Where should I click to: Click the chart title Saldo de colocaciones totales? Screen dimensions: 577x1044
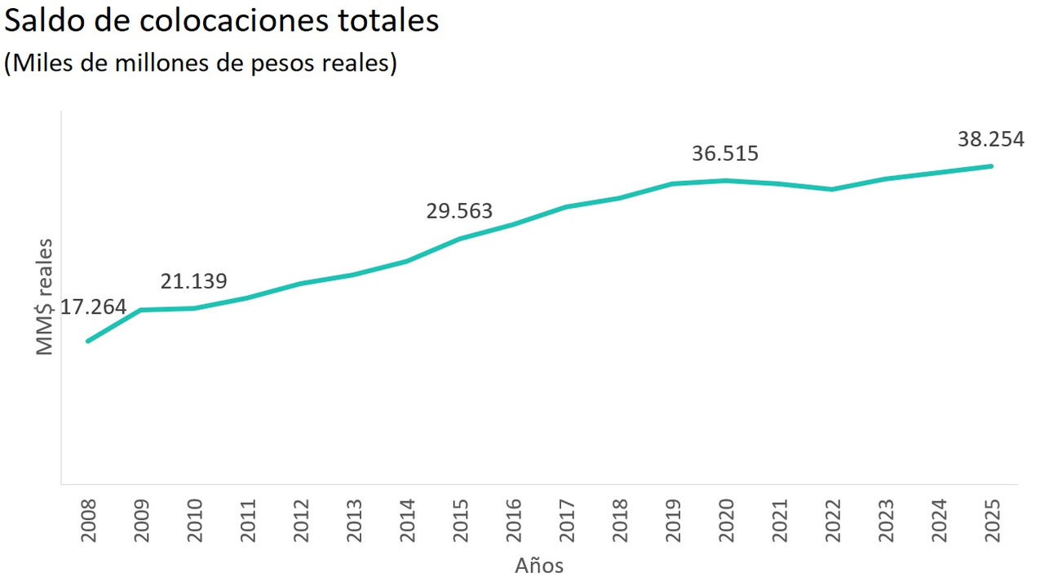pyautogui.click(x=222, y=21)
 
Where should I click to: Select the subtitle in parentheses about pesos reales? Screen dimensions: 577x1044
pyautogui.click(x=201, y=64)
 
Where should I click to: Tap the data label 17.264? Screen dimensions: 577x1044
pyautogui.click(x=93, y=307)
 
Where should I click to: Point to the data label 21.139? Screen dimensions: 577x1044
pyautogui.click(x=193, y=281)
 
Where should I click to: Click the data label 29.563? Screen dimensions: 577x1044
pyautogui.click(x=459, y=211)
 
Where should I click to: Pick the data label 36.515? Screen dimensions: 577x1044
pyautogui.click(x=725, y=153)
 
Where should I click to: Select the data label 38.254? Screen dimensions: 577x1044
pyautogui.click(x=990, y=139)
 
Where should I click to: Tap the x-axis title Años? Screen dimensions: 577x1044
pyautogui.click(x=539, y=565)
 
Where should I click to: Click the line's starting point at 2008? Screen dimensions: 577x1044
pyautogui.click(x=88, y=341)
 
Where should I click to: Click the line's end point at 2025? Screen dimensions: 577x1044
pyautogui.click(x=991, y=166)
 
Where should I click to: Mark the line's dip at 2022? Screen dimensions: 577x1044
pyautogui.click(x=832, y=189)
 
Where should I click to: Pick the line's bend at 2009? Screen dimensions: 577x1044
pyautogui.click(x=141, y=310)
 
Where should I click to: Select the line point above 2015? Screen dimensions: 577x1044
pyautogui.click(x=460, y=239)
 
